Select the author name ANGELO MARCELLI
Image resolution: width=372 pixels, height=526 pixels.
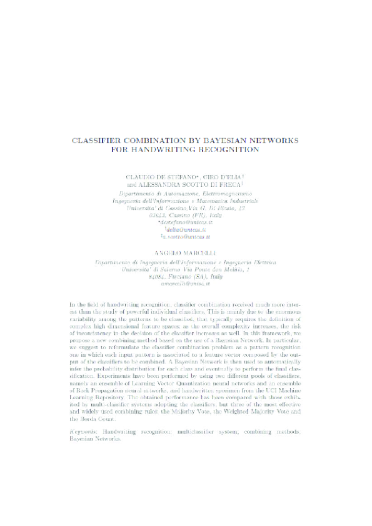pos(186,270)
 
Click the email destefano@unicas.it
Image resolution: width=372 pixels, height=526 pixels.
pos(186,223)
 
